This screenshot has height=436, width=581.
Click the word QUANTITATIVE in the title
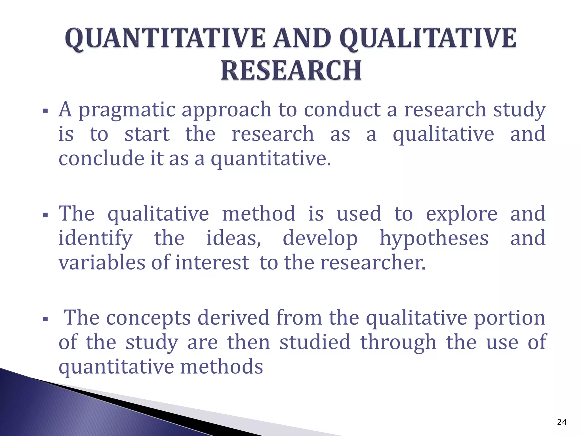(x=165, y=39)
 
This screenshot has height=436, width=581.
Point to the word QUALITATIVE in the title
(x=428, y=39)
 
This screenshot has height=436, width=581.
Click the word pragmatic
(x=127, y=110)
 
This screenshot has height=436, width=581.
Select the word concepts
(x=148, y=318)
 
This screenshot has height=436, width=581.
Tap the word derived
(x=233, y=318)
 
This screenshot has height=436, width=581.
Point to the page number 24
(x=561, y=422)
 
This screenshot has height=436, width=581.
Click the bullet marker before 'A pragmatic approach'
(x=45, y=111)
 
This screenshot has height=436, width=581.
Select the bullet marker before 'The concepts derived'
(x=45, y=319)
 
